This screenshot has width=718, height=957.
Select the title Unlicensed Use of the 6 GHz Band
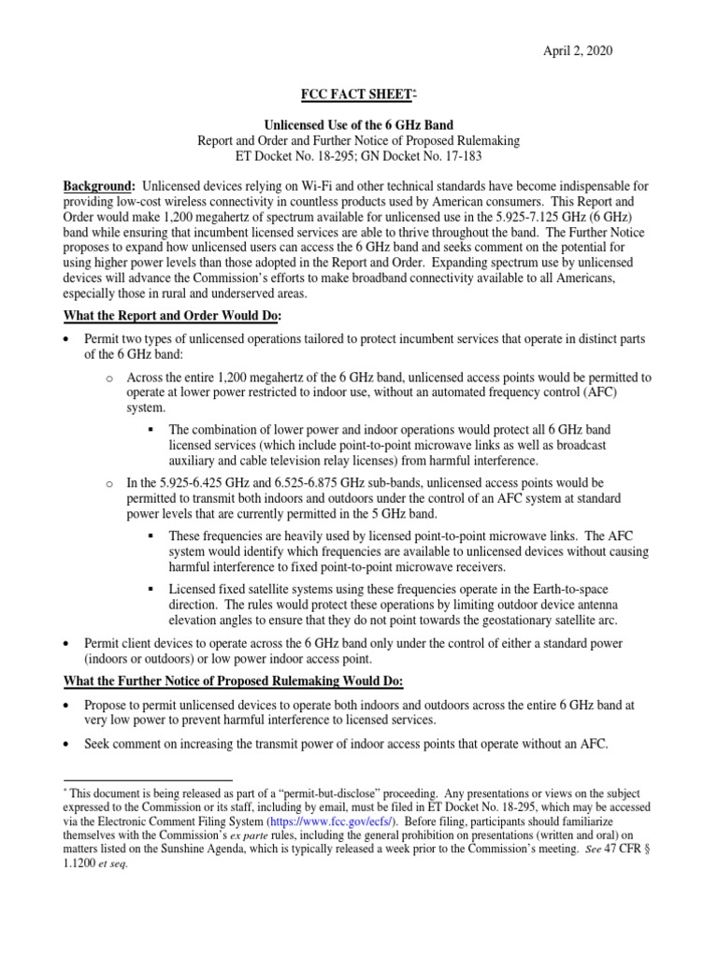click(x=358, y=125)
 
